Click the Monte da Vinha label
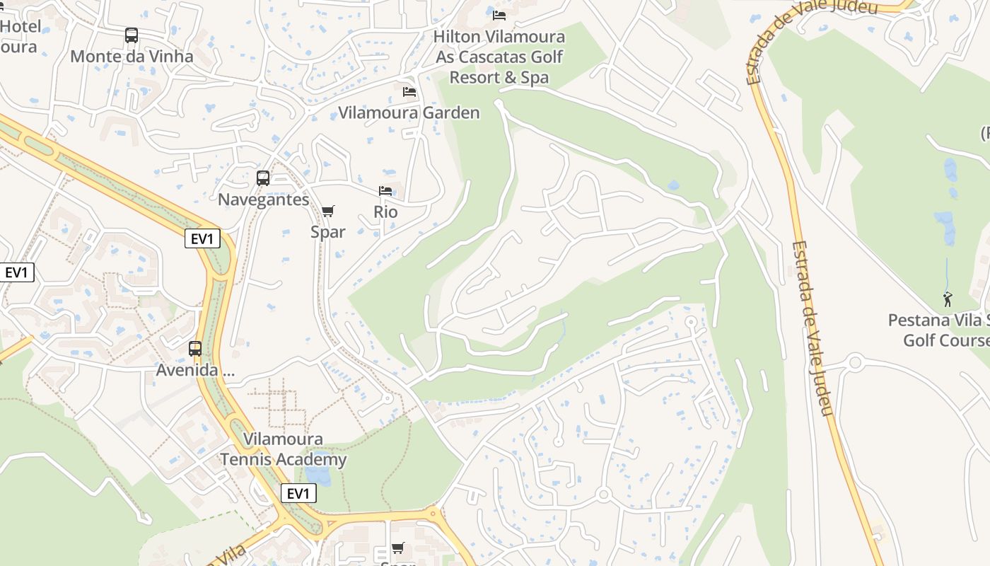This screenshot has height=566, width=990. click(x=132, y=57)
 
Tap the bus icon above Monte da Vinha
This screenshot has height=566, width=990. click(x=132, y=35)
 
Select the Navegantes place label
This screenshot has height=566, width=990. click(x=263, y=200)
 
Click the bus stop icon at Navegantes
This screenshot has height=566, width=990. click(x=263, y=178)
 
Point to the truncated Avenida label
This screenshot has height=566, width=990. click(x=194, y=370)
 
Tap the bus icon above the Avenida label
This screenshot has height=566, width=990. click(x=194, y=349)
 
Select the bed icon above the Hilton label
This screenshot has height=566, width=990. click(x=499, y=16)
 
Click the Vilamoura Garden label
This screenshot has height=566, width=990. click(x=409, y=112)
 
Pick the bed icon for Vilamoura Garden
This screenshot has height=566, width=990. click(x=409, y=92)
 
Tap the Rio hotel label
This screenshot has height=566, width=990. click(x=385, y=212)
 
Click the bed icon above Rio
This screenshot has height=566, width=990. click(x=385, y=191)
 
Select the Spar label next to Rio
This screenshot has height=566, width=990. click(x=328, y=231)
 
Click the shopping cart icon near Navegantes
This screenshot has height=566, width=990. click(x=328, y=211)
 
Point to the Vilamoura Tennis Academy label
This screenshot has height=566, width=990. click(x=283, y=449)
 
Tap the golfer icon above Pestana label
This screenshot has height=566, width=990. click(x=948, y=299)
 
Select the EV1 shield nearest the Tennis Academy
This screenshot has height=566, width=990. click(x=298, y=493)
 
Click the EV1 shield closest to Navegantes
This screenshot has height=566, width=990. click(x=202, y=238)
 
